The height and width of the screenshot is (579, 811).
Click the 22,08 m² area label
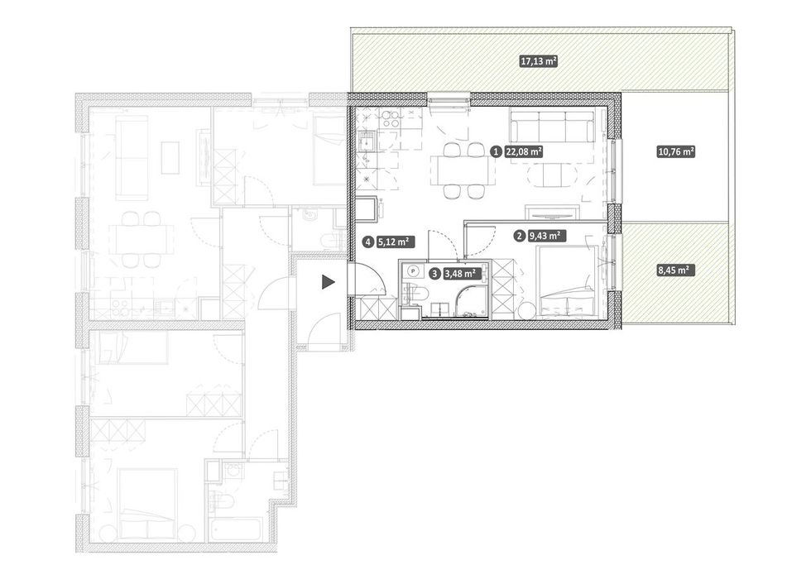coord(523,152)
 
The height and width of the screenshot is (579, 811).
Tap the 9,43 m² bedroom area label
coord(545,236)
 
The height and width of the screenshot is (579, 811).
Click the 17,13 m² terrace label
coord(539,61)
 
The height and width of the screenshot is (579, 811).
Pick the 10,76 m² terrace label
coord(675,152)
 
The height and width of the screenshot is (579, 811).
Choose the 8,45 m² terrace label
coord(675,270)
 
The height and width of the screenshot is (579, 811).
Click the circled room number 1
coord(496,152)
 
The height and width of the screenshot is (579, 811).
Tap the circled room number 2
coord(519,237)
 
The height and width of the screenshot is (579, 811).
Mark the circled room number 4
coord(368,241)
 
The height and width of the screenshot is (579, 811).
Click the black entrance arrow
coord(329,282)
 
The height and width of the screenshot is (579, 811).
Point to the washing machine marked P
coord(413,270)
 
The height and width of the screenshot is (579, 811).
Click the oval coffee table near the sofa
coord(552,175)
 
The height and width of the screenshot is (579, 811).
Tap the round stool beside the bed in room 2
coord(528,312)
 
